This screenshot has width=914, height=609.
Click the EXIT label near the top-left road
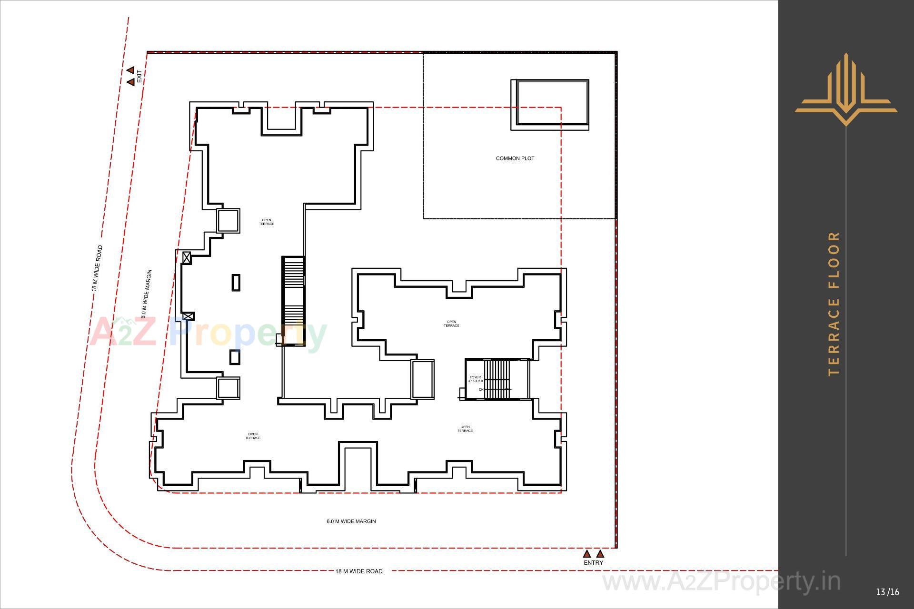[139, 77]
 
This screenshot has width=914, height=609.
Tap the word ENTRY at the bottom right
[593, 562]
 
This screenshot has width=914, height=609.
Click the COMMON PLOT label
[515, 158]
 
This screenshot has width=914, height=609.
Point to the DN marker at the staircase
[481, 390]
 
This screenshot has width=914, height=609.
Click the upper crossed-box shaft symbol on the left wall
[187, 258]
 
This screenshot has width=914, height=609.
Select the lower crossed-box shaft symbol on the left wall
[189, 316]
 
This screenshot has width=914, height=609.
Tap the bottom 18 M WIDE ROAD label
[358, 571]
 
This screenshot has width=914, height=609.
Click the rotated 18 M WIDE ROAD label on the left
[97, 268]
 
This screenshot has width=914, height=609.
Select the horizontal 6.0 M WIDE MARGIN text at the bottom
[351, 521]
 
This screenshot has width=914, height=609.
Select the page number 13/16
[887, 592]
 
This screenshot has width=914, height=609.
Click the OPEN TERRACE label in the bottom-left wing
[253, 436]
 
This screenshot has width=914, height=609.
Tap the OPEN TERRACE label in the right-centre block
[451, 324]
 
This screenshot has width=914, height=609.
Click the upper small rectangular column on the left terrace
[236, 282]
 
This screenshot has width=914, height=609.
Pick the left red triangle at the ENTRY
[587, 554]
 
